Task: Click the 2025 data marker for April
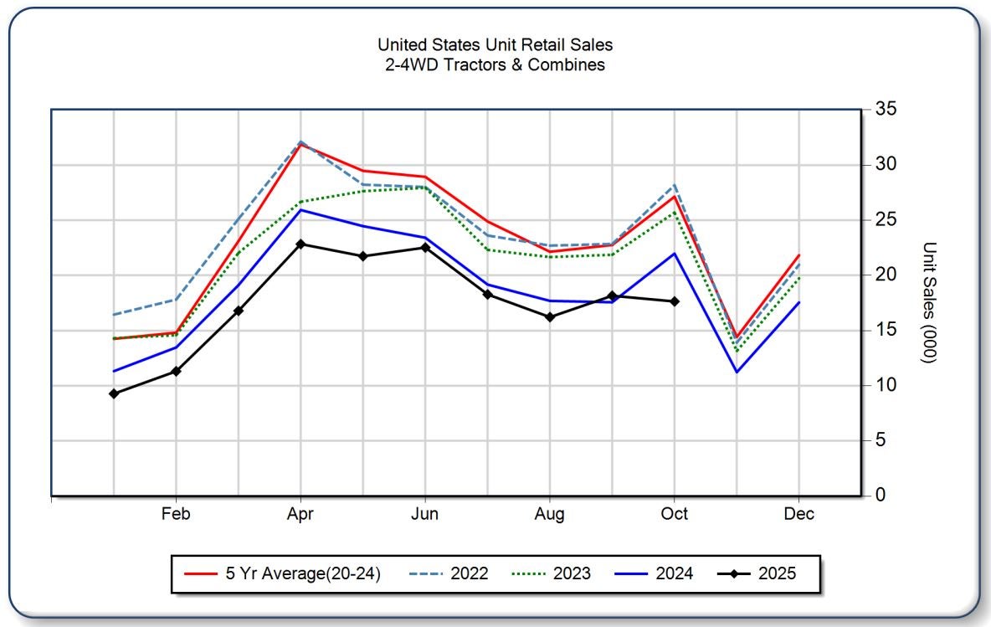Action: coord(300,244)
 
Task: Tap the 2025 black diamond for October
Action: coord(675,301)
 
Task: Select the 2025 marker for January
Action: coord(114,393)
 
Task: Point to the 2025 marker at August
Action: coord(550,316)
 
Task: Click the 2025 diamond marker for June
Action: coord(425,247)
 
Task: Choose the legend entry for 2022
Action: coord(449,573)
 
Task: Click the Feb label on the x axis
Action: coord(176,514)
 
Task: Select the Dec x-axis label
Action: coord(799,514)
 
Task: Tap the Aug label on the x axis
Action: coord(550,514)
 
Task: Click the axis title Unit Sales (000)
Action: coord(928,302)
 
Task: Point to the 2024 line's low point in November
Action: coord(737,372)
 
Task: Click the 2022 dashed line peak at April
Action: coord(300,142)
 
